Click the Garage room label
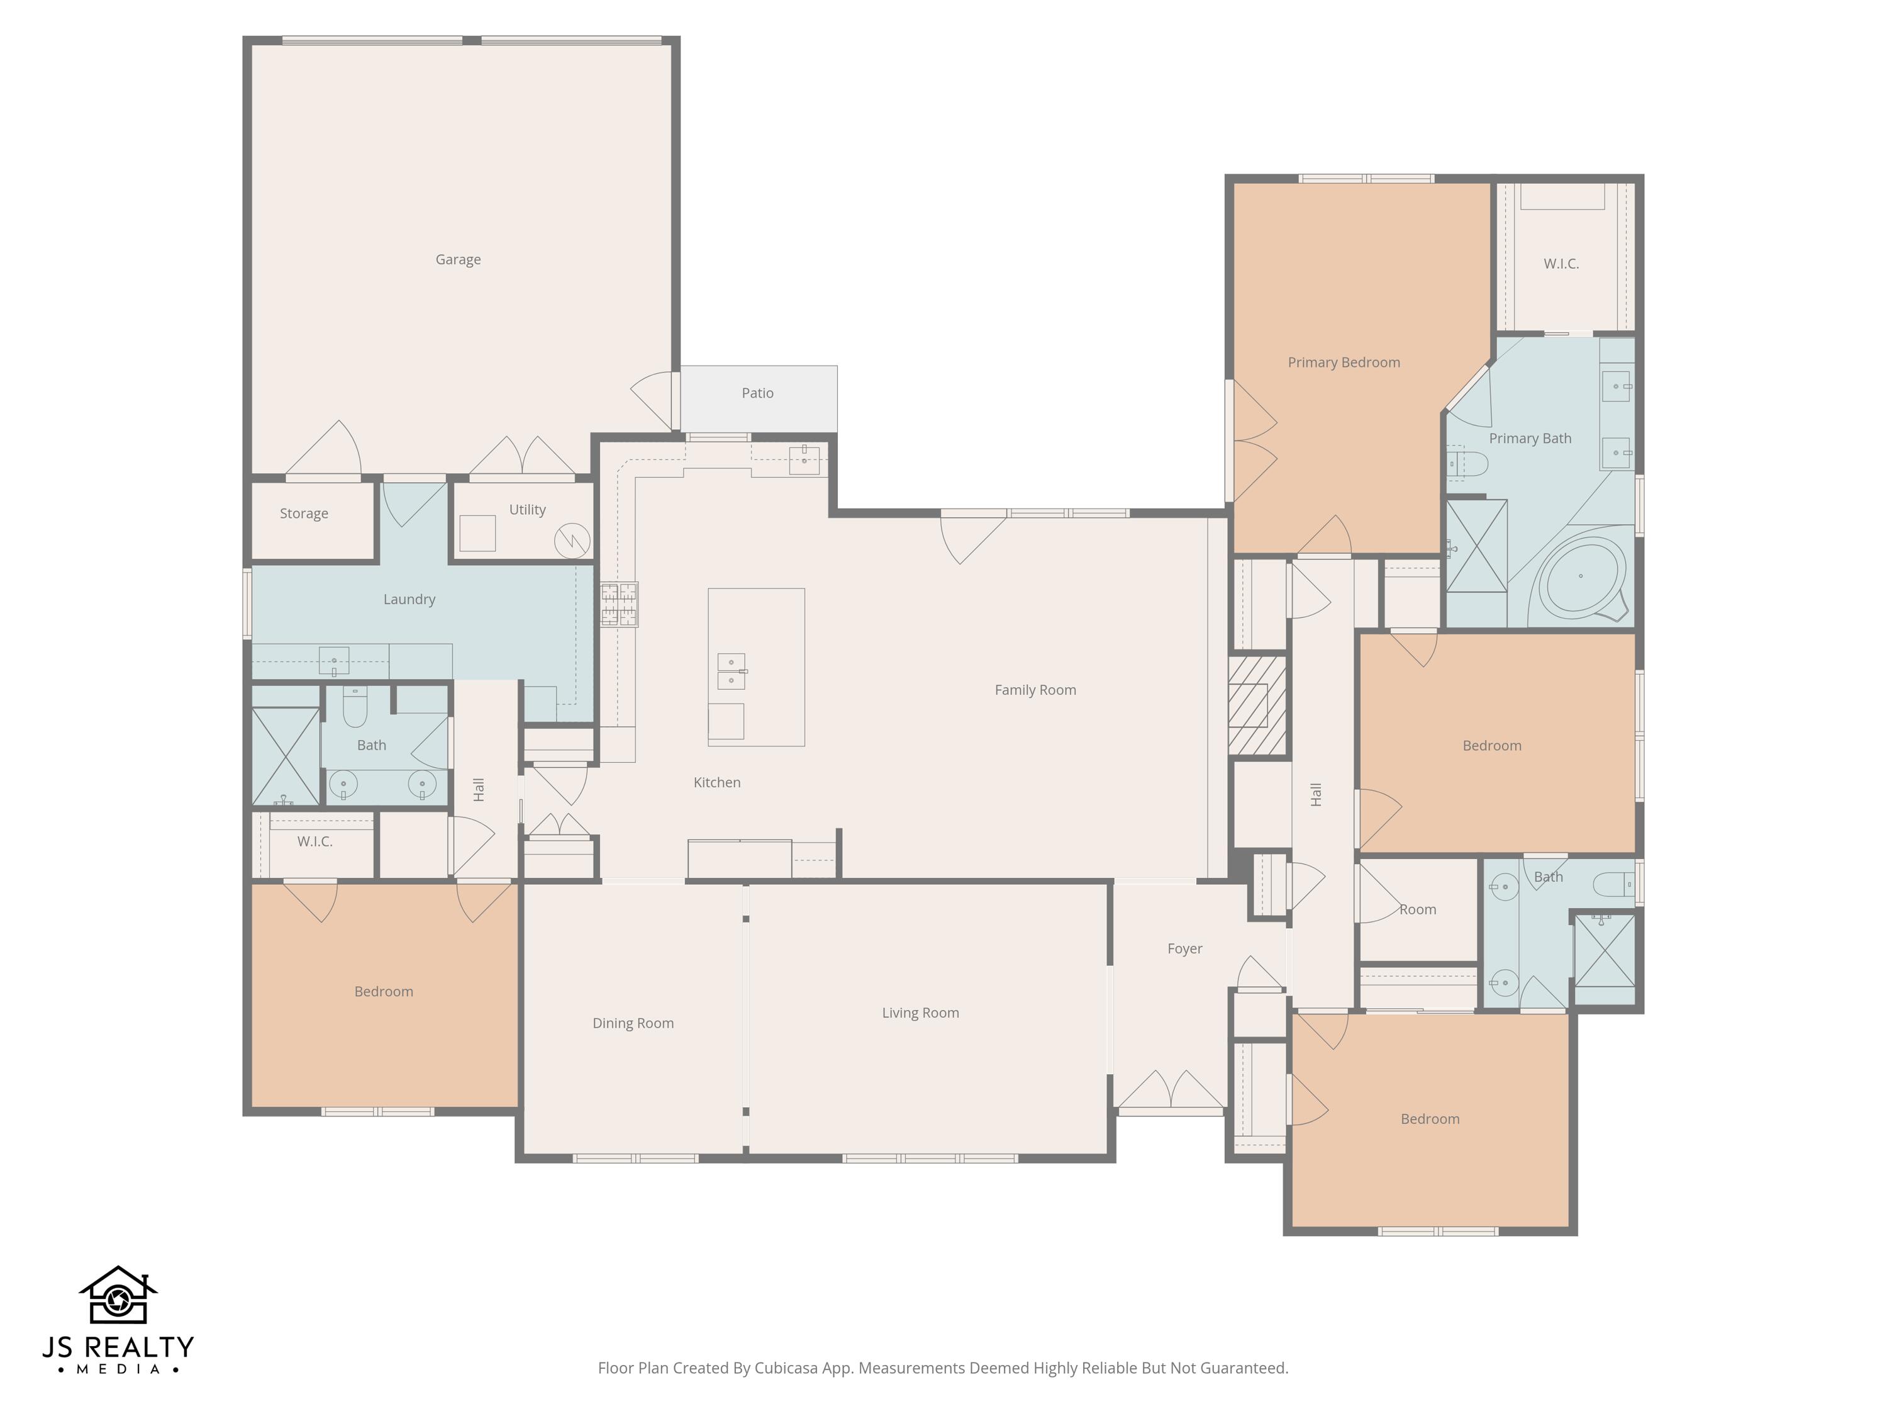click(x=458, y=259)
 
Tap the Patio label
click(x=757, y=393)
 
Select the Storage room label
click(x=304, y=513)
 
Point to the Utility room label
click(x=527, y=510)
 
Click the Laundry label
click(x=409, y=599)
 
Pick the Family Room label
click(x=1035, y=690)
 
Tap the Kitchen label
click(x=716, y=782)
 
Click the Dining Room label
click(x=633, y=1023)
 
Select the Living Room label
click(x=920, y=1012)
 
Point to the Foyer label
click(x=1185, y=948)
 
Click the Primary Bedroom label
click(x=1344, y=362)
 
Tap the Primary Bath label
click(x=1530, y=438)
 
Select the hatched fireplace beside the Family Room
click(x=1257, y=705)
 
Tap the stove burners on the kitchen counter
click(x=618, y=604)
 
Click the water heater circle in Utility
click(x=572, y=540)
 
